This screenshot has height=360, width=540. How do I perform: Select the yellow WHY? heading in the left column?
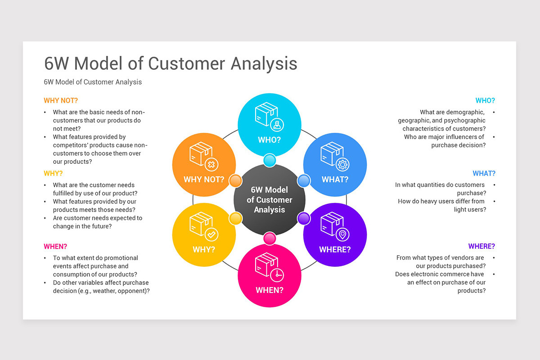pos(53,173)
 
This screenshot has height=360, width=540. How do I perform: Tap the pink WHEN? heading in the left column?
pos(55,246)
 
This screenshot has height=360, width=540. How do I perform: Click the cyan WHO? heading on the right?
pos(485,100)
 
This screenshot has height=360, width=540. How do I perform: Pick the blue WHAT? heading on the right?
pos(484,173)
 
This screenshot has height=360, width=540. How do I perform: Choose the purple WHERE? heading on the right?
pos(481,246)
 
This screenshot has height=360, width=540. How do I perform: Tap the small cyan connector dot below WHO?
pos(269,160)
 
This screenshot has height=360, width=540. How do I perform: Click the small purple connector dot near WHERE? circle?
pos(304,219)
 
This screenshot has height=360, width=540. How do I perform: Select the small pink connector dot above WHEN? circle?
pos(269,238)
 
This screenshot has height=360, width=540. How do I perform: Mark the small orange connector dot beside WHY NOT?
pos(235,181)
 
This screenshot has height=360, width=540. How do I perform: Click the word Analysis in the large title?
pos(264,63)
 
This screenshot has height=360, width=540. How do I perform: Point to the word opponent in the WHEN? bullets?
pos(132,291)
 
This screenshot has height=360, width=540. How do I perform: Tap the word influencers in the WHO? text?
pos(459,137)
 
